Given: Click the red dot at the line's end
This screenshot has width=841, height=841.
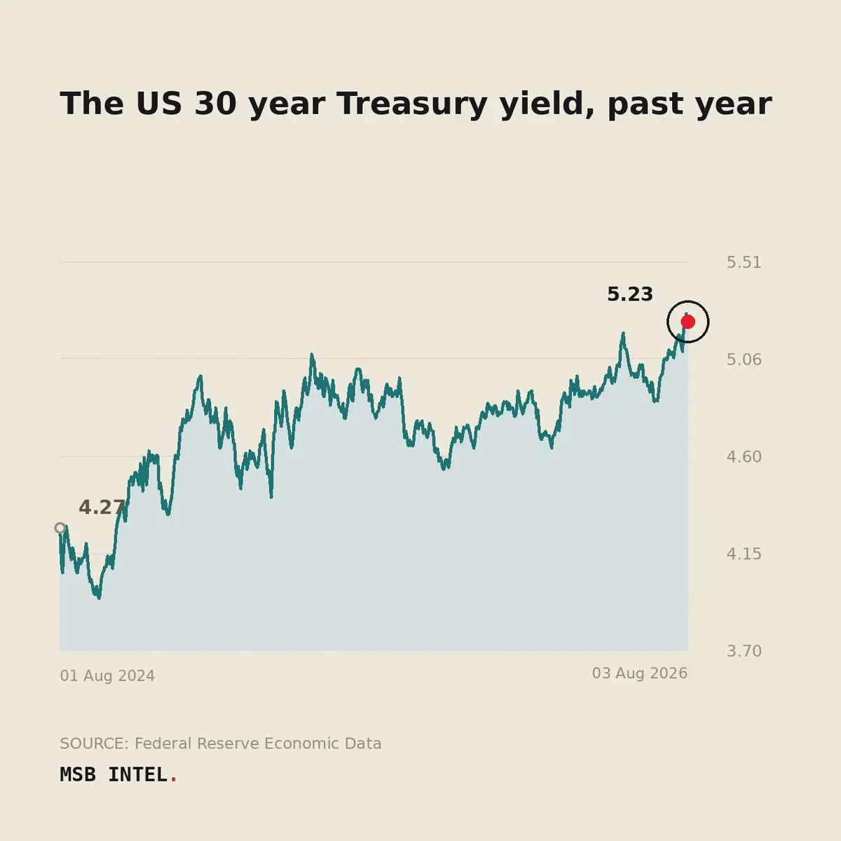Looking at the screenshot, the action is pyautogui.click(x=688, y=322).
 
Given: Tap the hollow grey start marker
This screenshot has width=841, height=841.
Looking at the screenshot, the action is pyautogui.click(x=60, y=528).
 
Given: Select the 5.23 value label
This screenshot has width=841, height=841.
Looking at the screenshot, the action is pyautogui.click(x=630, y=294).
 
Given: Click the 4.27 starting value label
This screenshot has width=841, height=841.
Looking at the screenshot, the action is pyautogui.click(x=102, y=507).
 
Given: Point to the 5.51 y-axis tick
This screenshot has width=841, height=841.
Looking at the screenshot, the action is pyautogui.click(x=744, y=262).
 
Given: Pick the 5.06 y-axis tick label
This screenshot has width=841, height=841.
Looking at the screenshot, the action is pyautogui.click(x=744, y=360).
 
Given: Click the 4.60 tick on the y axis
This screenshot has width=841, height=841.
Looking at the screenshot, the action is pyautogui.click(x=744, y=456).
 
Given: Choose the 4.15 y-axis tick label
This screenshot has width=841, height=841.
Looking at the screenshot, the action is pyautogui.click(x=744, y=554).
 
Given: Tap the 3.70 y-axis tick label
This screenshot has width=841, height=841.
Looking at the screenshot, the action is pyautogui.click(x=744, y=651).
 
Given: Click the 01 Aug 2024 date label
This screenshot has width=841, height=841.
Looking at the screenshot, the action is pyautogui.click(x=107, y=676).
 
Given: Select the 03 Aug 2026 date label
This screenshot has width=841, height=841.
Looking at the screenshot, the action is pyautogui.click(x=639, y=674).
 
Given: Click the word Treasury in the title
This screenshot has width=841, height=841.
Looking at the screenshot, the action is pyautogui.click(x=411, y=104).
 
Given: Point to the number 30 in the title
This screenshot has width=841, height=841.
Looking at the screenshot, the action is pyautogui.click(x=216, y=104).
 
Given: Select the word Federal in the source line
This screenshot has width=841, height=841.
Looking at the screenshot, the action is pyautogui.click(x=163, y=744).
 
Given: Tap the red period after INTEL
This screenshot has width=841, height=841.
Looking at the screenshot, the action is pyautogui.click(x=174, y=780).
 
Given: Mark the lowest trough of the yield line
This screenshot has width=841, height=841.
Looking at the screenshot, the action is pyautogui.click(x=99, y=598).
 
